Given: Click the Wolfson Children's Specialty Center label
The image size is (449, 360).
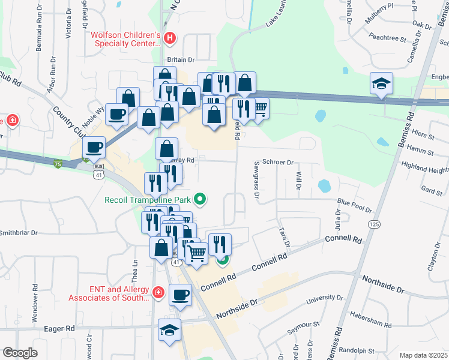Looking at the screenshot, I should tap(125, 38).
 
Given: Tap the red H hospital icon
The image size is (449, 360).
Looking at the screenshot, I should tap(170, 38).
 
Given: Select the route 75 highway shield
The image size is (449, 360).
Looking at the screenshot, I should tap(57, 164).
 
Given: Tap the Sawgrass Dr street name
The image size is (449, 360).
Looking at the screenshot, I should tap(256, 179).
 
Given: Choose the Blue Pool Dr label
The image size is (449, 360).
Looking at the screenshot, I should tap(355, 207).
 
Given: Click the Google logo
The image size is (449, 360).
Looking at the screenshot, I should tap(20, 353).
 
